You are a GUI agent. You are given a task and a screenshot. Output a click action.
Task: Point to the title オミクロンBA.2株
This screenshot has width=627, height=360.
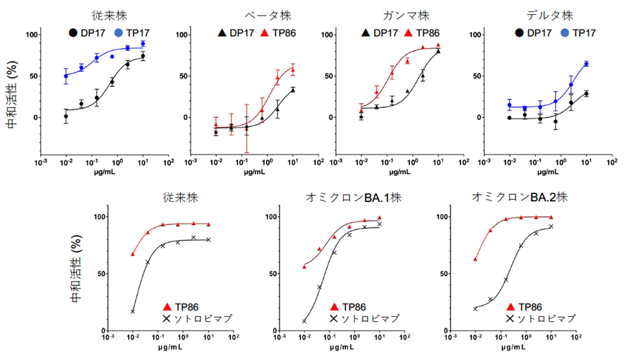(513, 198)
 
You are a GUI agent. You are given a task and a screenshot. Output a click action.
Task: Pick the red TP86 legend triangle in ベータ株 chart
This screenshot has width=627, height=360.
(265, 32)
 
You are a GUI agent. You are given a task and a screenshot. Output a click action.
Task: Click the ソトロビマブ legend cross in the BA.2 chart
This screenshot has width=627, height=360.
(511, 319)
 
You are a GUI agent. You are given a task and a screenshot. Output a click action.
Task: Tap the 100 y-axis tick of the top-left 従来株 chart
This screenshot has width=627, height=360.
(31, 35)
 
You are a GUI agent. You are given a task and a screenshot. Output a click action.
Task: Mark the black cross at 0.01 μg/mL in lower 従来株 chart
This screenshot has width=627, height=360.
(133, 311)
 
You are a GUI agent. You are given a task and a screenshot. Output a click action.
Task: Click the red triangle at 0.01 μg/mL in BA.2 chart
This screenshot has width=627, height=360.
(476, 259)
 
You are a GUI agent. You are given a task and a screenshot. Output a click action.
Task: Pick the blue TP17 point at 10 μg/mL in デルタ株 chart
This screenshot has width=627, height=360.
(586, 64)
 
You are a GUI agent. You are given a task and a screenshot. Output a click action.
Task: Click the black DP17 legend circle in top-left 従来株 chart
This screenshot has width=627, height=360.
(73, 32)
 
